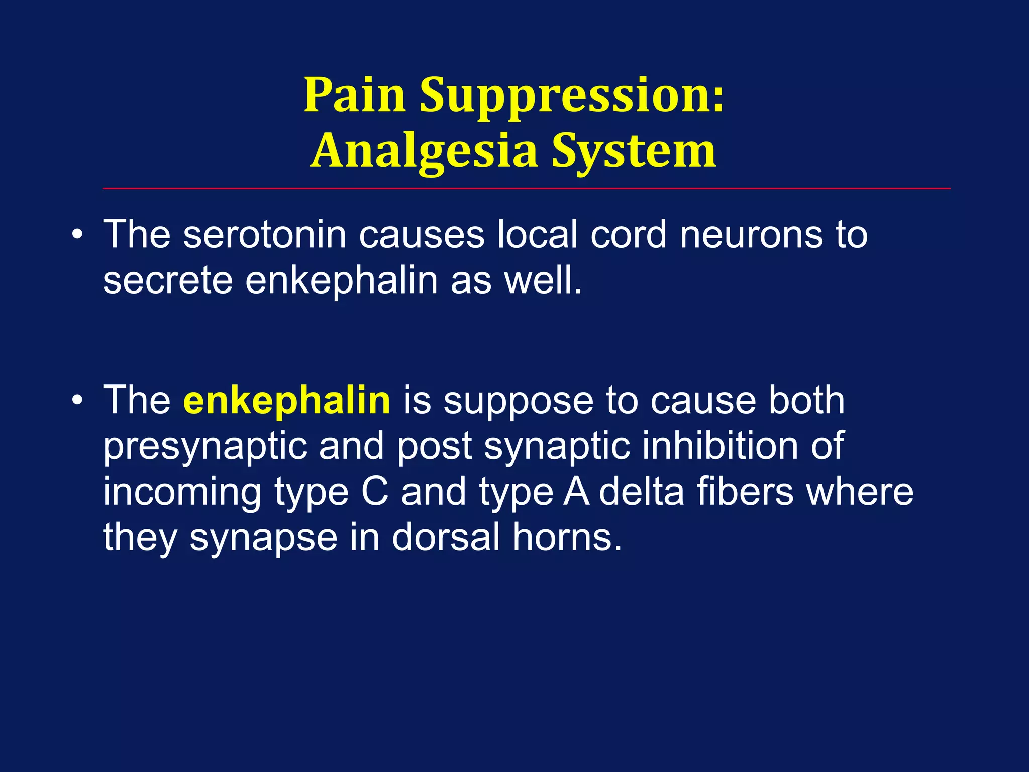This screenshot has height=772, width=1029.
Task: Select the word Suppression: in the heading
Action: [x=572, y=95]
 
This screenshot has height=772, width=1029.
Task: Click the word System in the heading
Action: [x=634, y=151]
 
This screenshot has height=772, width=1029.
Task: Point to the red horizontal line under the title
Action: [x=527, y=189]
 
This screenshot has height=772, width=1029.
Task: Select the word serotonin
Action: [x=265, y=235]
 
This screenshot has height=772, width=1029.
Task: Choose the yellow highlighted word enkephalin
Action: [x=287, y=400]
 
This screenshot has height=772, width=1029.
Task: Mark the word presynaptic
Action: [x=205, y=446]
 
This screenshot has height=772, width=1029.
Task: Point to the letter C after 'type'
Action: [x=375, y=492]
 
